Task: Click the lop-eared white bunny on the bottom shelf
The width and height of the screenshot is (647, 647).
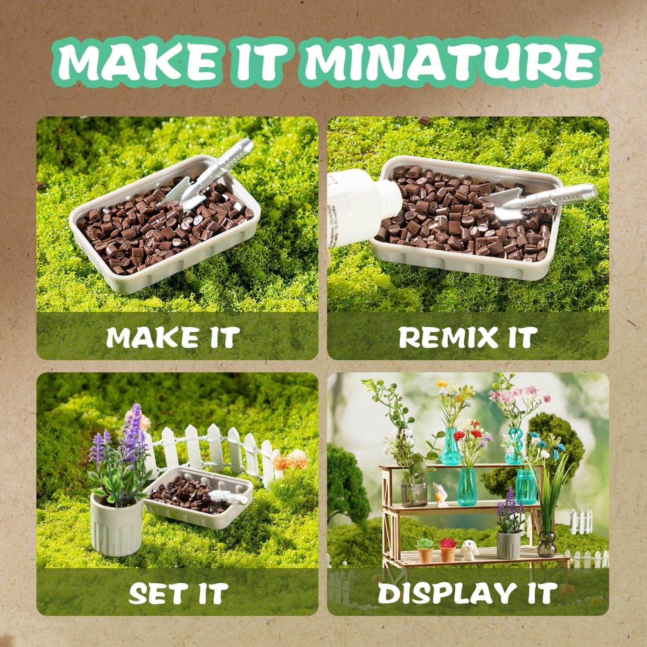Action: (x=467, y=550)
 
